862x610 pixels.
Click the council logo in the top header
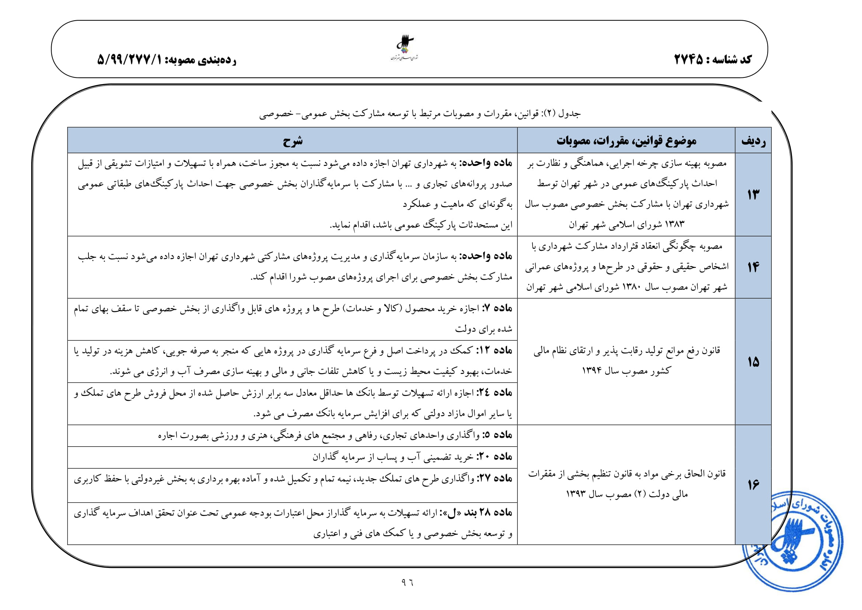[x=405, y=48]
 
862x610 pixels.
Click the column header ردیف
[x=753, y=141]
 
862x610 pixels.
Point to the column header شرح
[x=293, y=141]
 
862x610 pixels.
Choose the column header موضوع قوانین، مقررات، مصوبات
[x=626, y=141]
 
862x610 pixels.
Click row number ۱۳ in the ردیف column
[x=753, y=195]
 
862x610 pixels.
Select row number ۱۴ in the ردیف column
[x=753, y=267]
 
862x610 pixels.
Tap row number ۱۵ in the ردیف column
[x=753, y=362]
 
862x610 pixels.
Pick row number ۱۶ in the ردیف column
[x=753, y=485]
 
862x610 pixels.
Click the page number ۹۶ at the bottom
[x=407, y=583]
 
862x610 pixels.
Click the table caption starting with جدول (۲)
[x=420, y=114]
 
